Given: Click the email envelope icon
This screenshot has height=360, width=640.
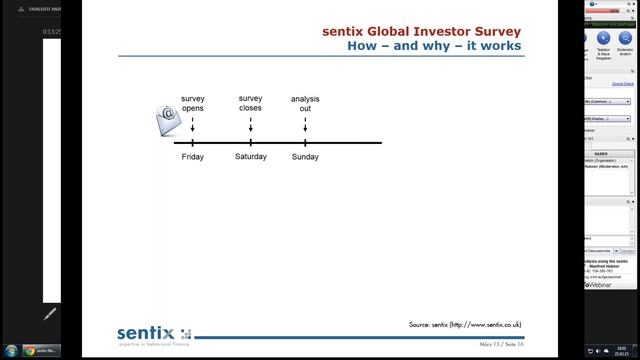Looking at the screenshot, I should tap(167, 121).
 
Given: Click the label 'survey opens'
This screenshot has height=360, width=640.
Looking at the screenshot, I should tap(193, 103).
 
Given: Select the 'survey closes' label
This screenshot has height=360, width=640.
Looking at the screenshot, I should tap(250, 103).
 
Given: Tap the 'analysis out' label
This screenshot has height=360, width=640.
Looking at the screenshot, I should tap(305, 104).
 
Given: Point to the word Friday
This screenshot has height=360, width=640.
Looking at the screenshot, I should tap(193, 157).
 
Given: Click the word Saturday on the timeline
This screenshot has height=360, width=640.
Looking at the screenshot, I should tap(251, 157).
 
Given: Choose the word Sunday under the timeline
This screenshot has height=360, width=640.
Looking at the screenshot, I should tap(305, 157).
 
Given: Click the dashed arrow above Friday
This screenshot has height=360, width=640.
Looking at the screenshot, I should tap(193, 126).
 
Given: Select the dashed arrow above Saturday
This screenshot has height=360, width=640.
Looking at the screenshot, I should tap(250, 126).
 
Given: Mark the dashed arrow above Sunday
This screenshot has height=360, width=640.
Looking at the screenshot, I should tap(305, 126).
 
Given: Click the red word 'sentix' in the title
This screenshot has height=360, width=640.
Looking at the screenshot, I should tap(345, 31).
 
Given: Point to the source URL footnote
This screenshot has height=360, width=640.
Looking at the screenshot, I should tap(464, 325).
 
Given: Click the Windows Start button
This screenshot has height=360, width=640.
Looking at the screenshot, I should tap(9, 351).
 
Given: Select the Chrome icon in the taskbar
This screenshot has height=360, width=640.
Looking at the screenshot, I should tap(30, 351).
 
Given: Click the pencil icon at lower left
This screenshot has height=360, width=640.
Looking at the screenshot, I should tap(50, 313).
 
